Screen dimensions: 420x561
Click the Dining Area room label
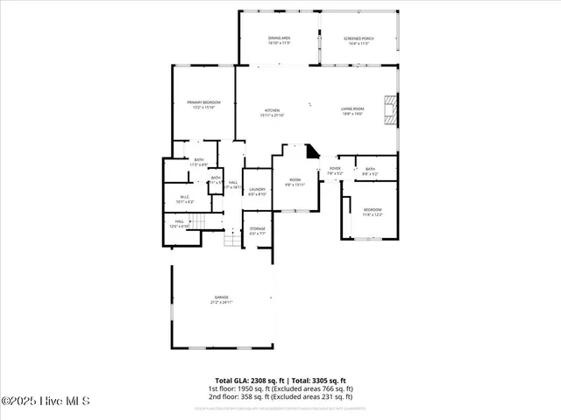(x=279, y=40)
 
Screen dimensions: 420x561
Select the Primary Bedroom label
(x=203, y=105)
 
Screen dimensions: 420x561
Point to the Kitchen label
(x=273, y=112)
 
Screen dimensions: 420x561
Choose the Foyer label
(x=335, y=170)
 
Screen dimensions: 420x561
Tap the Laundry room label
(x=257, y=191)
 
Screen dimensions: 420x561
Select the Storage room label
(x=257, y=231)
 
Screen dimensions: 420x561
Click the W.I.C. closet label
(x=185, y=199)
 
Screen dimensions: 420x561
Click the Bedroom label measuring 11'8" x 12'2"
(x=373, y=212)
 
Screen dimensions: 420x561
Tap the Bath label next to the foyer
(x=370, y=171)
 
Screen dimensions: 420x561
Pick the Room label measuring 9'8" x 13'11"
(x=295, y=182)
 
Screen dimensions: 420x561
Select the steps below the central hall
(x=232, y=238)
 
